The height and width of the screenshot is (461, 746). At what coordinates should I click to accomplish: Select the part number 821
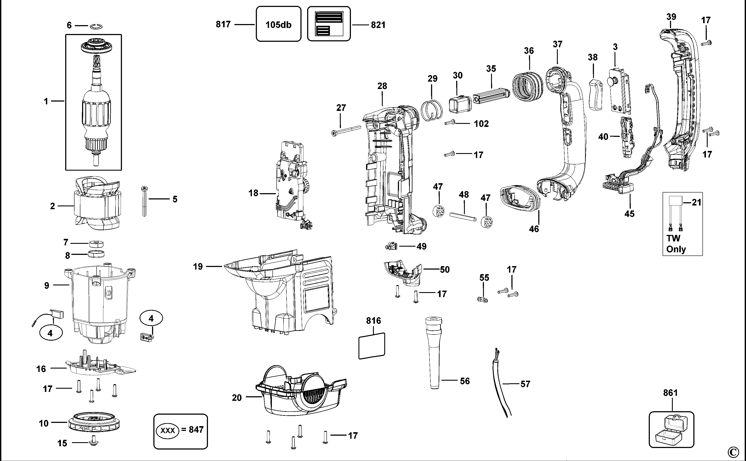pos(378,25)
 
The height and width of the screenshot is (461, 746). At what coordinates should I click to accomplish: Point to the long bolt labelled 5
pos(144,201)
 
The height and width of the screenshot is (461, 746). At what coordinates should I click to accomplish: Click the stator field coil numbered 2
pos(97,203)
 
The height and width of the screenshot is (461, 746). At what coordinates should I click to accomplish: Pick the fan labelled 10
pos(93,422)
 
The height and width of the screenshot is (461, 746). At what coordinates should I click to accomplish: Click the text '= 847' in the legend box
pos(192,430)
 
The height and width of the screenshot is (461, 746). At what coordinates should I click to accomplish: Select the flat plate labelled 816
pos(371,346)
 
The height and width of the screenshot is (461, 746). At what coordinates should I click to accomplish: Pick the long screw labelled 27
pos(346,130)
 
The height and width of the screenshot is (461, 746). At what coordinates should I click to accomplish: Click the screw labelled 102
pos(450,123)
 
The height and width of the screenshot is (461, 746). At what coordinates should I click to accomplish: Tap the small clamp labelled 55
pos(482,299)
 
